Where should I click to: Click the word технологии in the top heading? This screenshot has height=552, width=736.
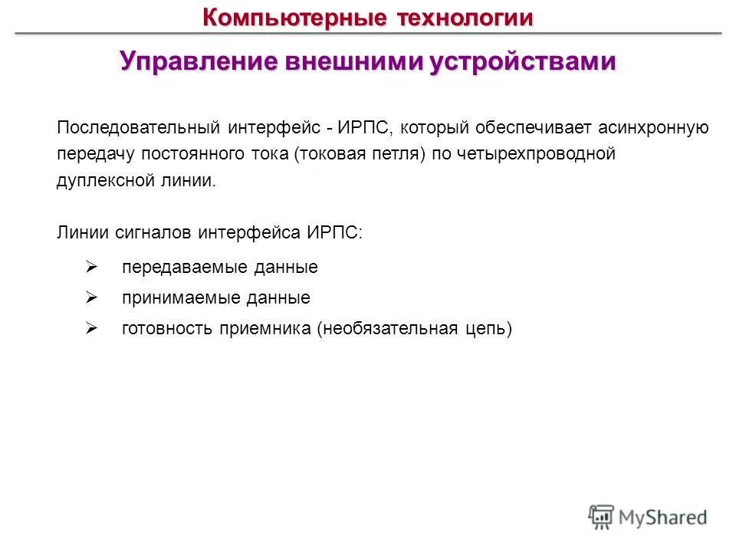point(465,17)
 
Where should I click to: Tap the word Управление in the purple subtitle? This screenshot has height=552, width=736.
point(197,62)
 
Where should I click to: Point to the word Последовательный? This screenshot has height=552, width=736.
point(134,127)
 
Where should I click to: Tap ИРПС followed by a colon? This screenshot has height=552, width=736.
point(337,232)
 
